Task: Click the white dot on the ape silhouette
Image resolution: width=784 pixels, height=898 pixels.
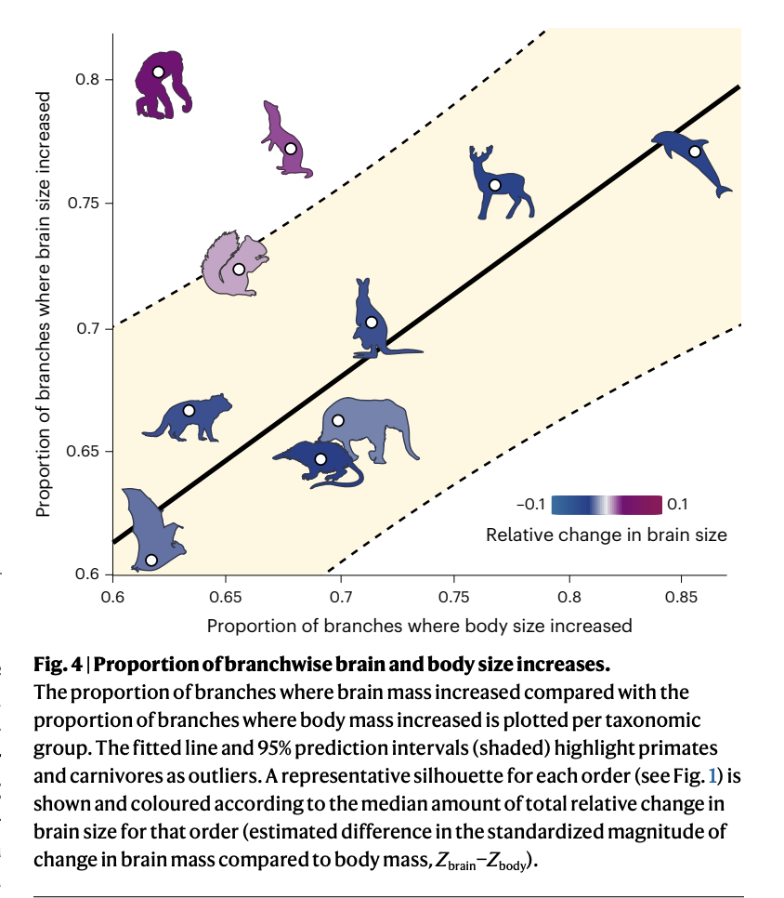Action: (159, 72)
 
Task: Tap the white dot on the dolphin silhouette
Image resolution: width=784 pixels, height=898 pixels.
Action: (694, 152)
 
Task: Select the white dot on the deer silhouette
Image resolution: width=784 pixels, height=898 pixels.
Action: (495, 185)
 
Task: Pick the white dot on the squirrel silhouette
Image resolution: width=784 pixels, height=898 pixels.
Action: (239, 270)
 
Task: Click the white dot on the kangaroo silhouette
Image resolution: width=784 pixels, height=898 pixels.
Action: (372, 323)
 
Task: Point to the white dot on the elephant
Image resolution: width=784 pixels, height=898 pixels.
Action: (338, 421)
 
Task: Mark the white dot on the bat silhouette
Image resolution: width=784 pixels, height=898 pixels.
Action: (151, 560)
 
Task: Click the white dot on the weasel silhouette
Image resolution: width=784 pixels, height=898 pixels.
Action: (291, 149)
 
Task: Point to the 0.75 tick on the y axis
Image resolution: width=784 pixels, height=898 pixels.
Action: (110, 204)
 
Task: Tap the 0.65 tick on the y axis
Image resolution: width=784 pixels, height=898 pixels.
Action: (110, 452)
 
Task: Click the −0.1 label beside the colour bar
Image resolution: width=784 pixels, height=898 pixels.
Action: (531, 505)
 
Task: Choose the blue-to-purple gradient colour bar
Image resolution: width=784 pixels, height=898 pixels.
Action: (607, 505)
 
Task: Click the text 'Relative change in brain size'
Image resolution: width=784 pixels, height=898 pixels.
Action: (606, 535)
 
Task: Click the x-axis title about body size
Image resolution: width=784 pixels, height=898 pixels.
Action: (419, 625)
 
